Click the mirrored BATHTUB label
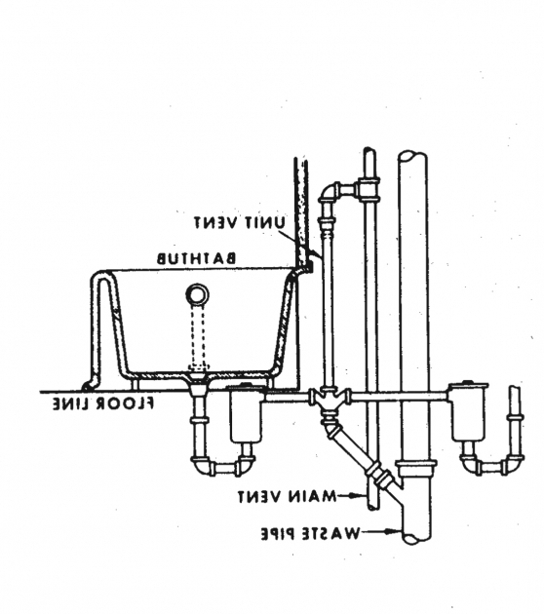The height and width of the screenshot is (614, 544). pyautogui.click(x=197, y=259)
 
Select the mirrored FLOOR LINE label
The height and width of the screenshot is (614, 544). pyautogui.click(x=103, y=403)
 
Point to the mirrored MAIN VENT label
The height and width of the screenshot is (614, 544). pyautogui.click(x=287, y=496)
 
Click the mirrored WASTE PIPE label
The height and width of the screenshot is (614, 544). pyautogui.click(x=310, y=533)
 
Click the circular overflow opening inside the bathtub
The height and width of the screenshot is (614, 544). pyautogui.click(x=198, y=293)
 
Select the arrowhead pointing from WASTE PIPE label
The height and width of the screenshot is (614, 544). pyautogui.click(x=394, y=532)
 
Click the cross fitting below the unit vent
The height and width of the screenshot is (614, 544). pyautogui.click(x=330, y=399)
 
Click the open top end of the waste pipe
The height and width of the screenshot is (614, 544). pyautogui.click(x=412, y=156)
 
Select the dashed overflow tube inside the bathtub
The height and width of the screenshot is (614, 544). pyautogui.click(x=198, y=337)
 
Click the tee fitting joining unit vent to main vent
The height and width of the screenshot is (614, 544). pyautogui.click(x=369, y=189)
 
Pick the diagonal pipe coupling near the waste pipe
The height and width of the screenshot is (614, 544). pyautogui.click(x=377, y=473)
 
